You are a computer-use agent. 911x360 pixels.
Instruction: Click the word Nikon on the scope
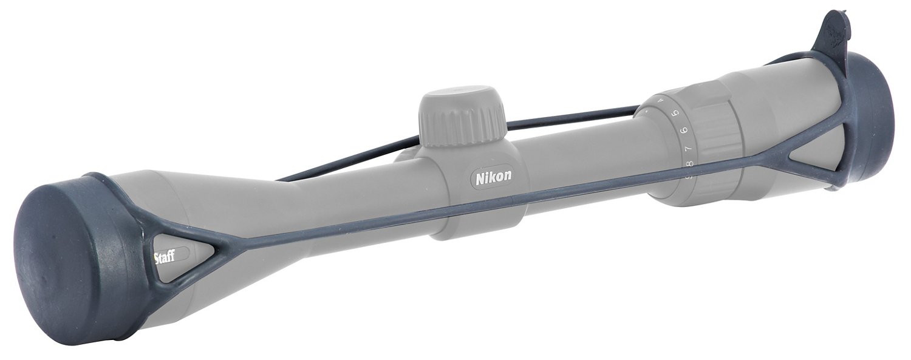click(x=493, y=177)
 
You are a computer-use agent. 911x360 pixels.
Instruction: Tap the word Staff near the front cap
click(x=164, y=257)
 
